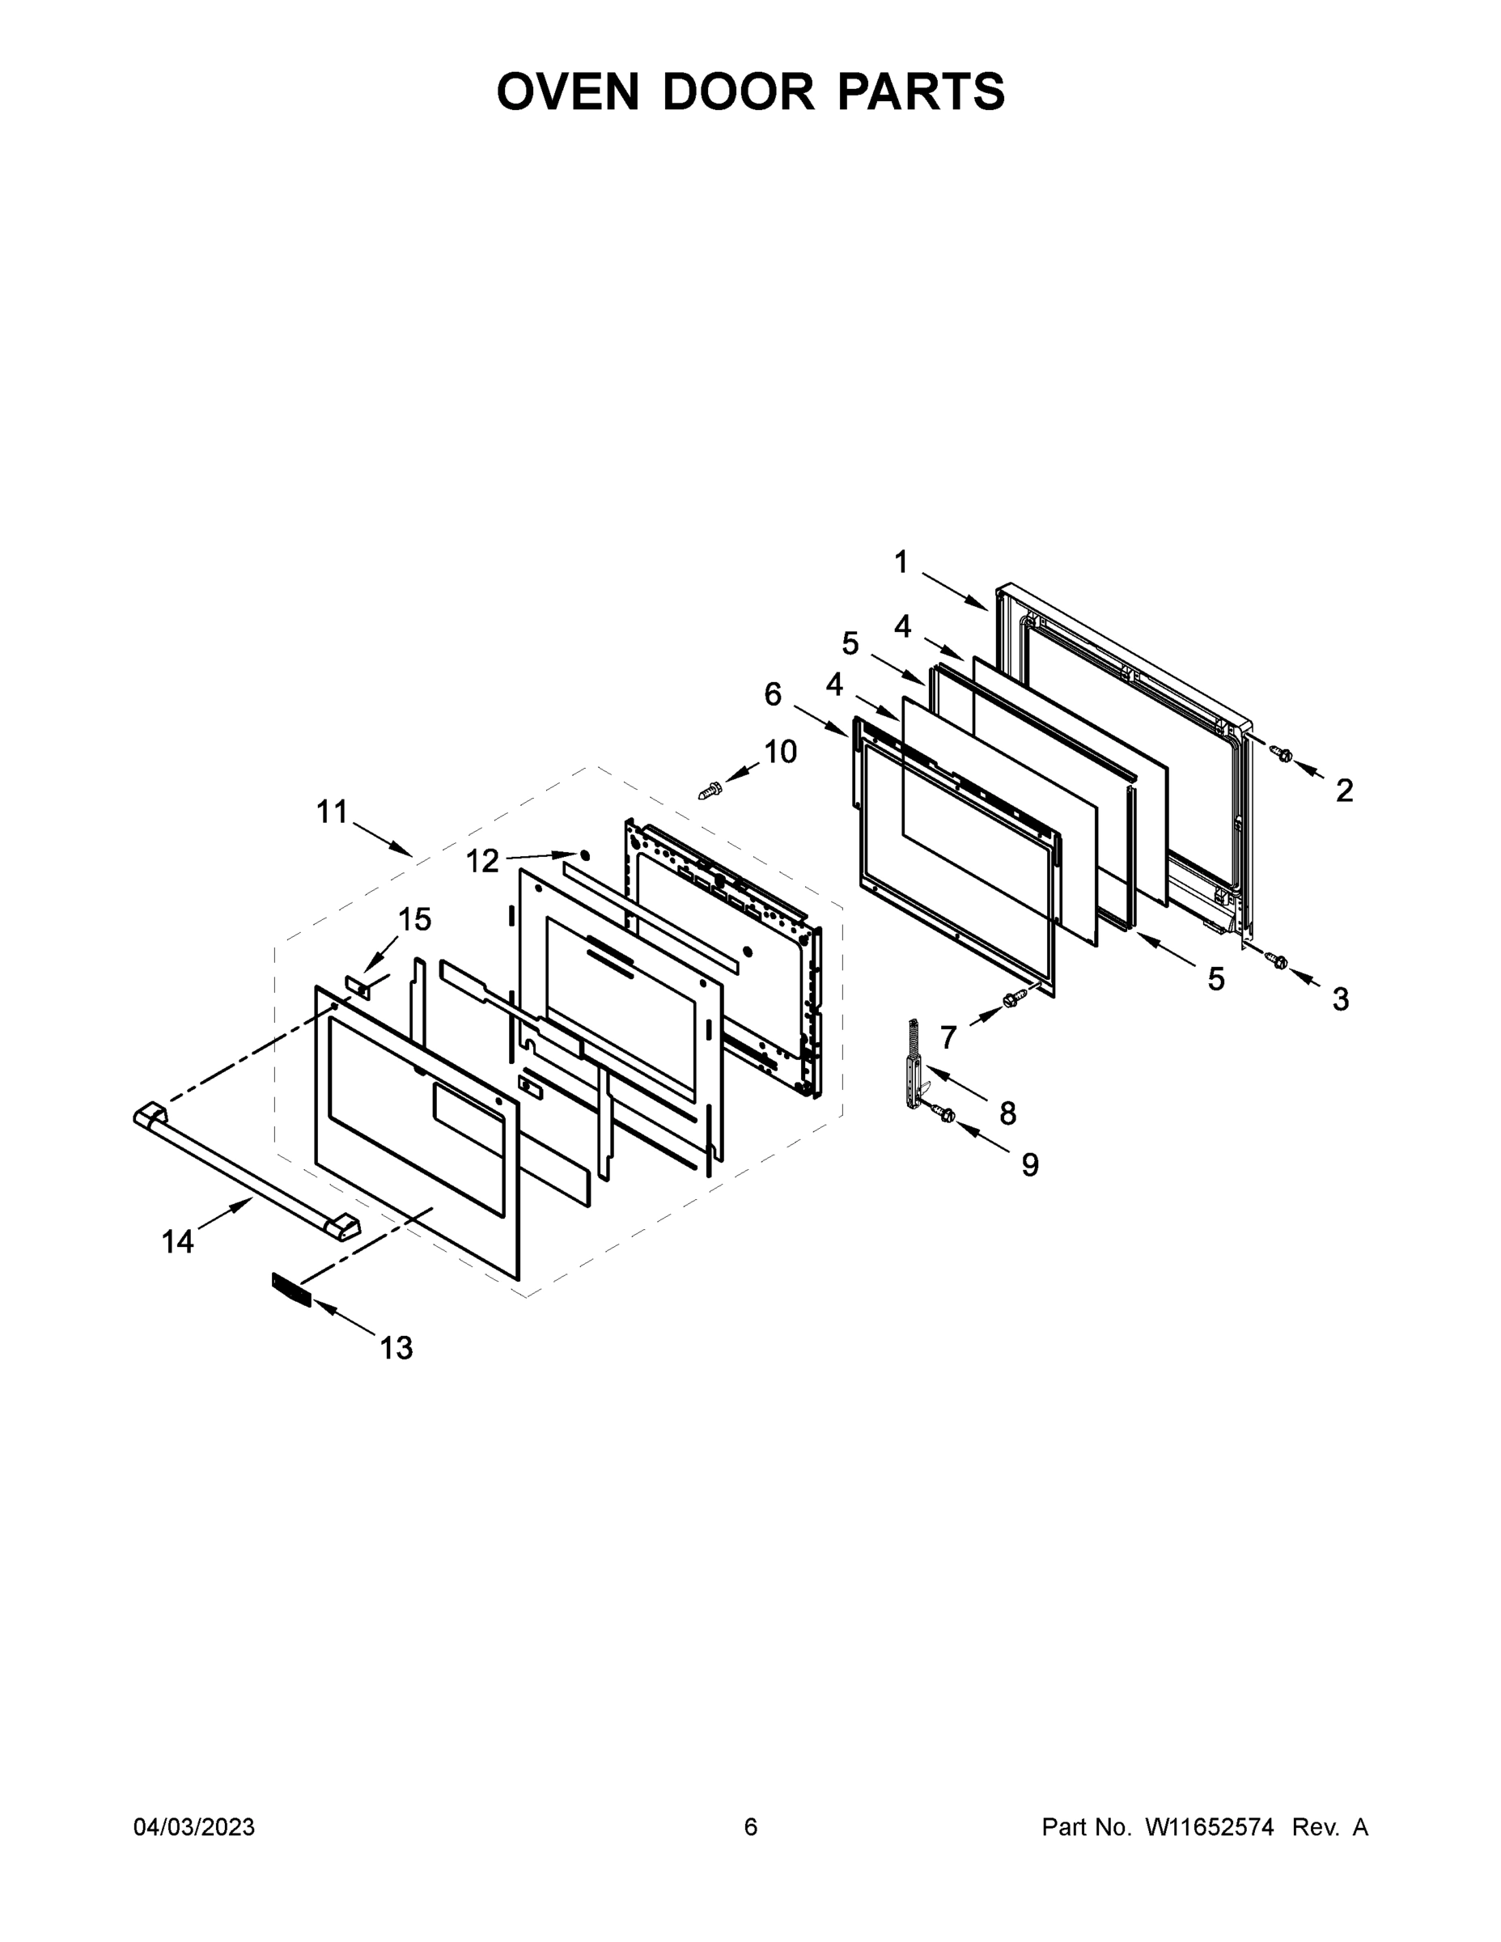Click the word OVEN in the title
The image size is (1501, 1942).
567,91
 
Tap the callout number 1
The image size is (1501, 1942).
901,562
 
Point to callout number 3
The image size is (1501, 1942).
1340,999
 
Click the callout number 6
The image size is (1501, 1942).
773,694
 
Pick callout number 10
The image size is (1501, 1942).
780,753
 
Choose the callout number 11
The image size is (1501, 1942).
332,812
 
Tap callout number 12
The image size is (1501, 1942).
483,861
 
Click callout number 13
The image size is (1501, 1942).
396,1348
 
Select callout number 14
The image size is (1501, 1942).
178,1241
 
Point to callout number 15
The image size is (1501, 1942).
415,919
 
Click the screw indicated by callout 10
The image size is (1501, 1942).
710,788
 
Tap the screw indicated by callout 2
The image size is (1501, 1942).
1283,754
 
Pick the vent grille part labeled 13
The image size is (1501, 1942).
291,1288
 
